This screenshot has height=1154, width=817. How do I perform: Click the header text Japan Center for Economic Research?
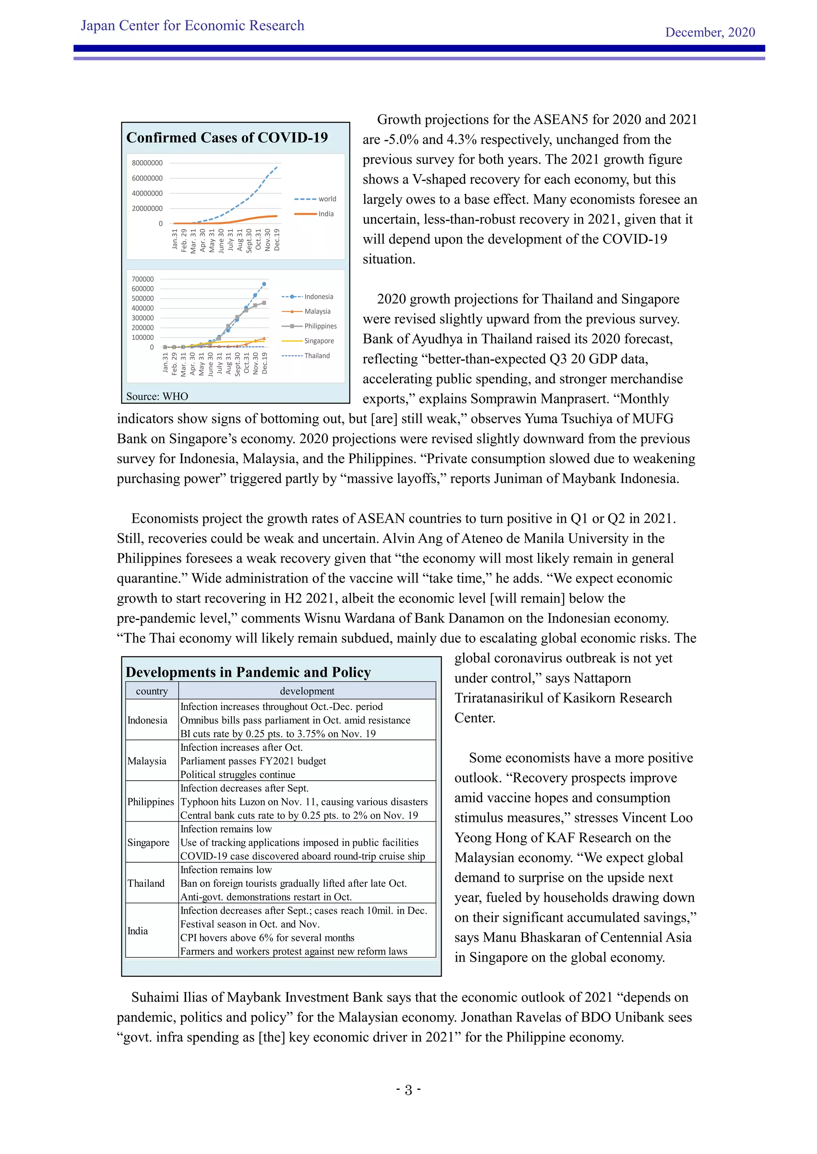click(192, 26)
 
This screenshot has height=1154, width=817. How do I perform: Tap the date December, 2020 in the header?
click(709, 32)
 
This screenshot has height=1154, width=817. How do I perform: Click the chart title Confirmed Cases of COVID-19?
click(227, 138)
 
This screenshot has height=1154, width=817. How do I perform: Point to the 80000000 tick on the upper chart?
click(147, 163)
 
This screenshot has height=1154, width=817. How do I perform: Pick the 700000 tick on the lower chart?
click(142, 279)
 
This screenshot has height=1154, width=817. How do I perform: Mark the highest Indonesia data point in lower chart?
click(264, 284)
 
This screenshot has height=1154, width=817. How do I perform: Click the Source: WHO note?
click(157, 396)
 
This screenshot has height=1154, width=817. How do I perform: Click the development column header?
click(307, 691)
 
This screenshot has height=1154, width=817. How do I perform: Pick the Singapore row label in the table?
click(148, 842)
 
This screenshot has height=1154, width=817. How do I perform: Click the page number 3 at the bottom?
click(408, 1090)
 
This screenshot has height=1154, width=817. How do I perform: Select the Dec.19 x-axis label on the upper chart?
click(277, 240)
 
